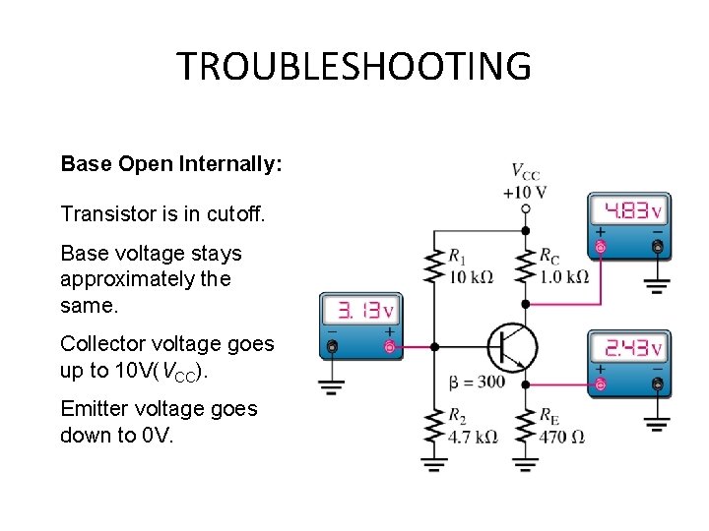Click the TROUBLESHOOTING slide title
tap(354, 67)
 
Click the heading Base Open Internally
tap(171, 163)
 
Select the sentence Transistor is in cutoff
tap(162, 213)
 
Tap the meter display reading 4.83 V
tap(628, 210)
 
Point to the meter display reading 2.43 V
tap(628, 348)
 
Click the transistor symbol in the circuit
tap(512, 346)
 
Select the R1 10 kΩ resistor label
tap(469, 266)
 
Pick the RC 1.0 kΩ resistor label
tap(563, 265)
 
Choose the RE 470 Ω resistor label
tap(561, 426)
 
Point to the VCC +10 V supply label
tap(524, 181)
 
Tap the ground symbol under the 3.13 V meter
tap(331, 383)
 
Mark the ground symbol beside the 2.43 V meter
tap(657, 424)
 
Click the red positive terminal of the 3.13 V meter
tap(390, 347)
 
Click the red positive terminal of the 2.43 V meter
tap(600, 383)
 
